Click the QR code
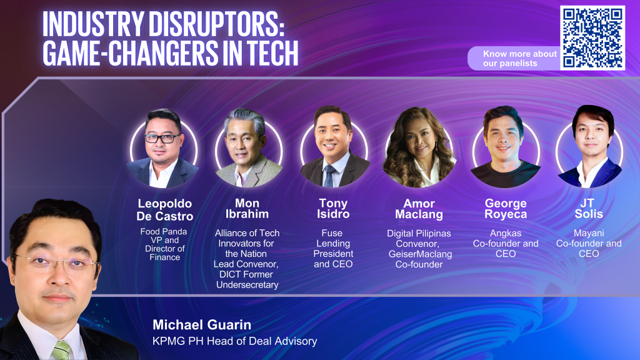[592, 37]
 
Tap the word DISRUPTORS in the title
[216, 24]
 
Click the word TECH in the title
[272, 53]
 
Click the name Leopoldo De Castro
[165, 210]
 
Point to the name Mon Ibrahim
[247, 209]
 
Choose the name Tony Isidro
[333, 209]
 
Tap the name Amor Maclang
[419, 209]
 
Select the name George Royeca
[506, 209]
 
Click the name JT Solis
[589, 209]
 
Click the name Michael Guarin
[202, 325]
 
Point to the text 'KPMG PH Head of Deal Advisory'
[235, 341]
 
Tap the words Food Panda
[164, 231]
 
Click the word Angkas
[506, 233]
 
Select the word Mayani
[589, 233]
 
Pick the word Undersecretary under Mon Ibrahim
[247, 285]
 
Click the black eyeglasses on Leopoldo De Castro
[162, 138]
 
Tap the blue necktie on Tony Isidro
[329, 176]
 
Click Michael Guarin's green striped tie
[61, 350]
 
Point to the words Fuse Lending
[332, 238]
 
